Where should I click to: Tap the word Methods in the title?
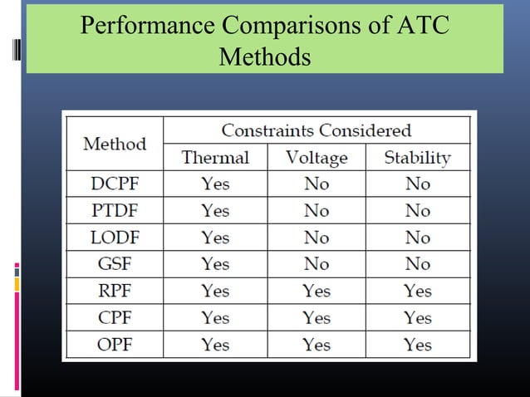(265, 57)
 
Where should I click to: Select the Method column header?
(115, 144)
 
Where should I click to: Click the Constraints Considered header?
(317, 130)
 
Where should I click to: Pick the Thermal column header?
(215, 157)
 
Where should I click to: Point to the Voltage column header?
(317, 157)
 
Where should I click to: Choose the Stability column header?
(417, 157)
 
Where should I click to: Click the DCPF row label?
(115, 184)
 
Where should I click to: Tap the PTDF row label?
(115, 211)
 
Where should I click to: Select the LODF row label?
(115, 238)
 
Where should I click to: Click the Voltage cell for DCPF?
(317, 184)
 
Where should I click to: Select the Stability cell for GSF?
(417, 264)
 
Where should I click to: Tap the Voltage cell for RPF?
(317, 291)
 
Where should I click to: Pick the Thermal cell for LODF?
(215, 238)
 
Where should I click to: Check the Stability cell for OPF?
(417, 344)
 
